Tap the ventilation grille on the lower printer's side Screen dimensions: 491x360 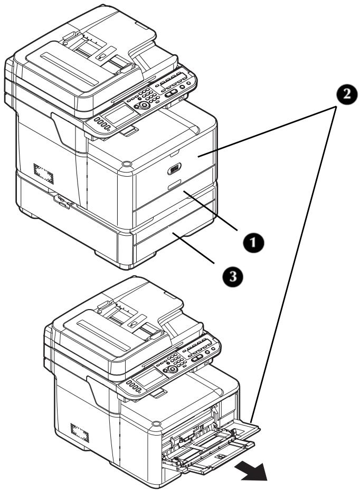80,432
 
